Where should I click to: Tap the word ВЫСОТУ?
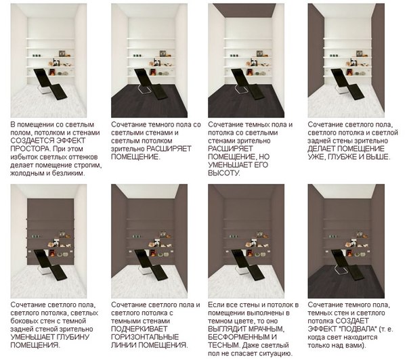pos(224,173)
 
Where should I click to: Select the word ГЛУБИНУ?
pos(72,337)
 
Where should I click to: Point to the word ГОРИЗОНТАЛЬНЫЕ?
pos(145,337)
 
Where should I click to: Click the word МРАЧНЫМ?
pos(263,329)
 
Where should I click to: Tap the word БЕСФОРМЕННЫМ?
pos(239,337)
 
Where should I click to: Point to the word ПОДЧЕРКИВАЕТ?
pos(139,329)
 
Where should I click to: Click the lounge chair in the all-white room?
pos(51,84)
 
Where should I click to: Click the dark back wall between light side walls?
pos(51,231)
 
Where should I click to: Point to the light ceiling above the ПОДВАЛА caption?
pos(346,192)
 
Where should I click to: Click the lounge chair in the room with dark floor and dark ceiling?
pos(248,84)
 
